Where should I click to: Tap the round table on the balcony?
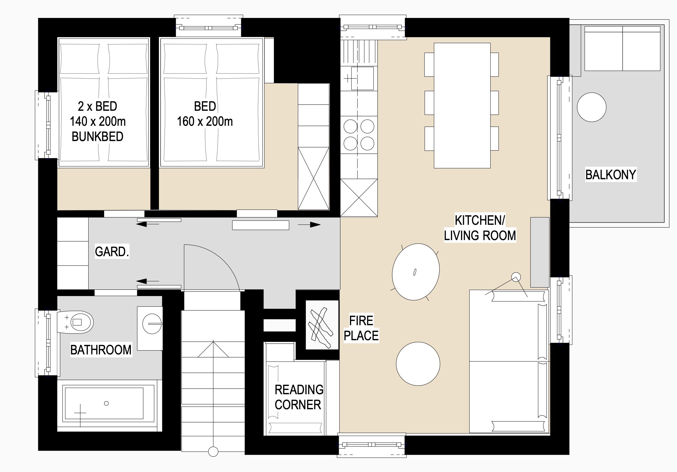tap(591, 107)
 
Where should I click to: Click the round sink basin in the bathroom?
tap(152, 324)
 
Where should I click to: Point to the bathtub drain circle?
tap(107, 403)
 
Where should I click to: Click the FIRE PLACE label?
tap(361, 328)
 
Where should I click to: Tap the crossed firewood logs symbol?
tap(321, 328)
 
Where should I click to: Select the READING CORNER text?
tap(299, 397)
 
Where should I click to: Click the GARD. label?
tap(112, 252)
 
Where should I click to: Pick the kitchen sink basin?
tap(362, 78)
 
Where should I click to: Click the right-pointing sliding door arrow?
tap(309, 225)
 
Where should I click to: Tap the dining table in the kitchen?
tap(462, 105)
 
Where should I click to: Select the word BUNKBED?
tap(98, 136)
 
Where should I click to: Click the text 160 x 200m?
tap(205, 121)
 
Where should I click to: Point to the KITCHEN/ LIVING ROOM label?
tap(480, 228)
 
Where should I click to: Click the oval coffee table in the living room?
tap(416, 271)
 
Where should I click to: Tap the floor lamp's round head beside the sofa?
tap(516, 277)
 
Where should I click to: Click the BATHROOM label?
tap(101, 350)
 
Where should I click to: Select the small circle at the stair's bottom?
tap(213, 451)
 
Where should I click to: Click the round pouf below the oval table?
tap(418, 364)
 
